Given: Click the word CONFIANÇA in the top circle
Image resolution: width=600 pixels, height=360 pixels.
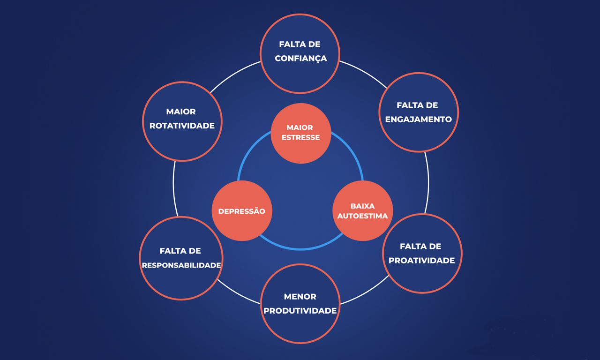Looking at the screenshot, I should pyautogui.click(x=300, y=59).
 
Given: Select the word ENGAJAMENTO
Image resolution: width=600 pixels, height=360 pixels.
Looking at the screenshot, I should pyautogui.click(x=418, y=120).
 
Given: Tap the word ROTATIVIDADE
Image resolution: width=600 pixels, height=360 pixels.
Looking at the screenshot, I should pyautogui.click(x=182, y=126).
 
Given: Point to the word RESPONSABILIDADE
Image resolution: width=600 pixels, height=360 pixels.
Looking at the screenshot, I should pyautogui.click(x=181, y=265).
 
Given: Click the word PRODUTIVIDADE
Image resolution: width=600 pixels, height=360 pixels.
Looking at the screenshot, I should pyautogui.click(x=300, y=311).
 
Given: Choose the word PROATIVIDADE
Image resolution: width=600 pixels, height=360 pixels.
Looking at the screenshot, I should pyautogui.click(x=421, y=261).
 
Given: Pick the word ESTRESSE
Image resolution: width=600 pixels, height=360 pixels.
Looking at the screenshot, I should pyautogui.click(x=300, y=138).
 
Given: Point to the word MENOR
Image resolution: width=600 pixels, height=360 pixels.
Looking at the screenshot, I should pyautogui.click(x=300, y=297).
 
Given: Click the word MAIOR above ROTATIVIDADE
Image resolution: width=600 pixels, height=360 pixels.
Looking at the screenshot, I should pyautogui.click(x=180, y=112).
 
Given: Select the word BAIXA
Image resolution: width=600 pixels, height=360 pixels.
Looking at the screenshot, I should pyautogui.click(x=362, y=206).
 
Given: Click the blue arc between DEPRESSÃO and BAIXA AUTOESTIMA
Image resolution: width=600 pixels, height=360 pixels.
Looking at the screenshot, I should pyautogui.click(x=300, y=248).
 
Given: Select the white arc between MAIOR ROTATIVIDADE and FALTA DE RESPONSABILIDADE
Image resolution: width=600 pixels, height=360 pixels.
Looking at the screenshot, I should pyautogui.click(x=174, y=187).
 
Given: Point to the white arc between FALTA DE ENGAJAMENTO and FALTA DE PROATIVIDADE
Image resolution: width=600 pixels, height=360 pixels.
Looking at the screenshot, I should pyautogui.click(x=428, y=183).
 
